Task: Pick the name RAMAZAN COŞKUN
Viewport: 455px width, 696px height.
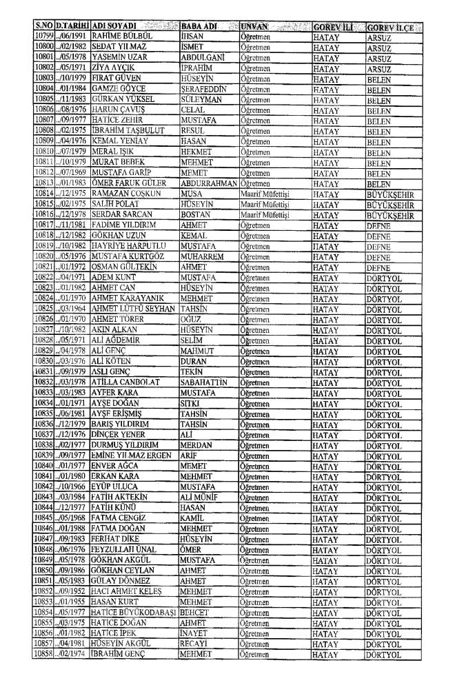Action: point(119,195)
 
